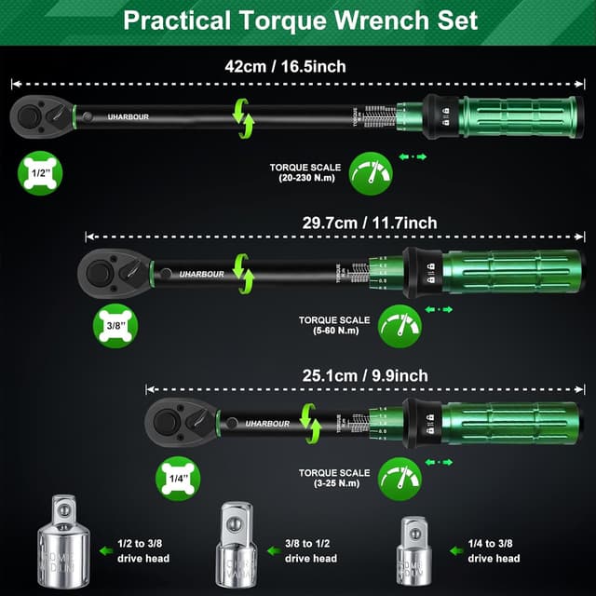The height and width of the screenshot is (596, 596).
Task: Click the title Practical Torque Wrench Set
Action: click(300, 20)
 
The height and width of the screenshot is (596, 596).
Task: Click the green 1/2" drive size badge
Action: click(37, 174)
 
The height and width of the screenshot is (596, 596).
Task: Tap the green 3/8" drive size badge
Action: click(115, 326)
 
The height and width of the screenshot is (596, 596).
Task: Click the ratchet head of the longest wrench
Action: click(38, 116)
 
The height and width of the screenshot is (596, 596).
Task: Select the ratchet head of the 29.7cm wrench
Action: click(110, 271)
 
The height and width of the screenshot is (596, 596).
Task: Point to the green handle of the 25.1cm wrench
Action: click(510, 422)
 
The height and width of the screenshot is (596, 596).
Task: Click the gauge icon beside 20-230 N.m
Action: click(371, 173)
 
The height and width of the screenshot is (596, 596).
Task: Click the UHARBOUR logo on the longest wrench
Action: click(127, 117)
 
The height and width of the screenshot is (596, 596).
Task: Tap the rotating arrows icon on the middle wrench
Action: click(244, 271)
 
